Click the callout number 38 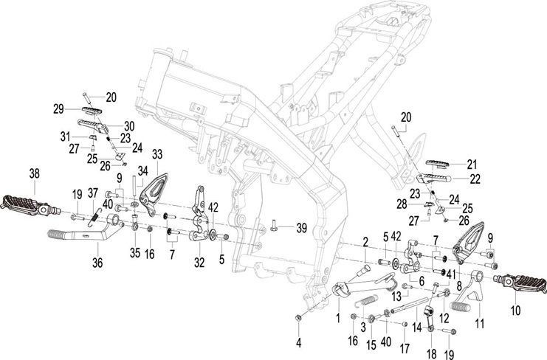pos(34,173)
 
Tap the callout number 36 pos(97,263)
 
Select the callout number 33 pos(157,155)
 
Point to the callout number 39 pos(302,228)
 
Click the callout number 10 pos(515,310)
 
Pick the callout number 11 pos(480,323)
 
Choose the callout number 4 pos(299,343)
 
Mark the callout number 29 pos(58,109)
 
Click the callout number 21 pos(472,165)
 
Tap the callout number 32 pos(199,263)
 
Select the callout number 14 pos(417,328)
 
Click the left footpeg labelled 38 pos(32,206)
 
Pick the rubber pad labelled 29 pos(92,111)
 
